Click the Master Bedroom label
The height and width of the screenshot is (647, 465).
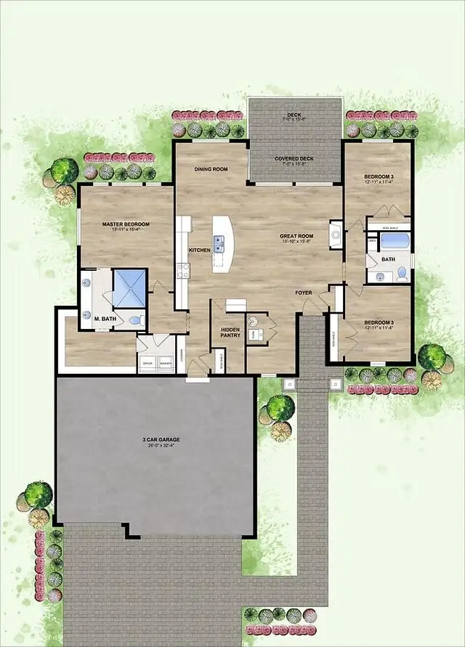(126, 224)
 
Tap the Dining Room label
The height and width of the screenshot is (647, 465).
(211, 169)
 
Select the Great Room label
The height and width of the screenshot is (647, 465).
(296, 236)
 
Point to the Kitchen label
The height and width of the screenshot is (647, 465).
(200, 250)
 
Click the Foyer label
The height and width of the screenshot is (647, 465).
(304, 293)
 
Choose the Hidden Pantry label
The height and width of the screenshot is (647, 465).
(230, 332)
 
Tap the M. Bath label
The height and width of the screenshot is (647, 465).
(102, 317)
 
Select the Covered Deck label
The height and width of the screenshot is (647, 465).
(294, 158)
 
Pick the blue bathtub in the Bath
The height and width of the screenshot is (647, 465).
(395, 241)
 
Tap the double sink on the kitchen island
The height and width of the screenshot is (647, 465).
(219, 243)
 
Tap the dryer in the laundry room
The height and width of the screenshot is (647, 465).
(147, 361)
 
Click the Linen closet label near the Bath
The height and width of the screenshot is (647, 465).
(372, 241)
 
